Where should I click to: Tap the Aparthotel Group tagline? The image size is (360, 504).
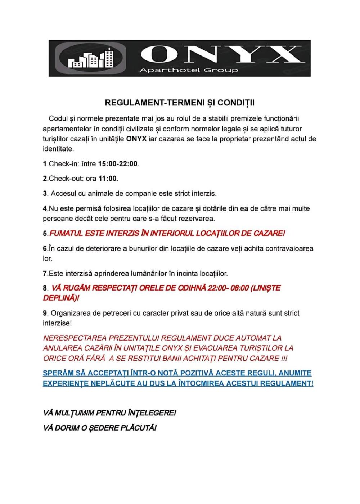click(189, 70)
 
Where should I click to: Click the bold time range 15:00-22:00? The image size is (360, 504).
click(118, 164)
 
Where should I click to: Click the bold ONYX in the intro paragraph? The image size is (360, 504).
click(136, 139)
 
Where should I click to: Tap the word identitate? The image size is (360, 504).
click(58, 149)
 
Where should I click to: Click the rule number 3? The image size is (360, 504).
click(45, 194)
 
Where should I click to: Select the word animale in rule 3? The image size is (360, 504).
click(102, 194)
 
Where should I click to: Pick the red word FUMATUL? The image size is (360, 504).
click(66, 234)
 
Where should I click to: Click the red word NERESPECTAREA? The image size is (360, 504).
click(75, 338)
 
